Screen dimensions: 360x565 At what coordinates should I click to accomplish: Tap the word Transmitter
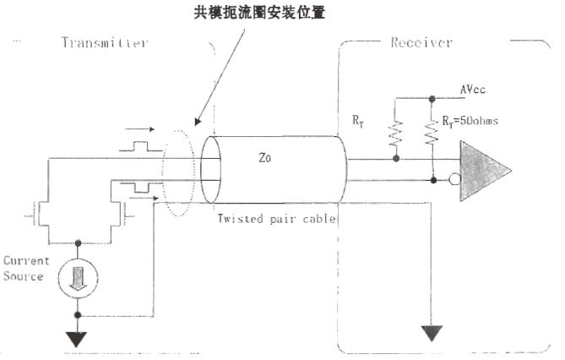coord(105,42)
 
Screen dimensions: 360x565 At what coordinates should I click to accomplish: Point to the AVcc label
coord(472,89)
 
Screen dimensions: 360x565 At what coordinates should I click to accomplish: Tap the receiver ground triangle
coord(433,332)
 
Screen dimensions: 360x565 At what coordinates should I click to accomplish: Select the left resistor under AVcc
coord(395,134)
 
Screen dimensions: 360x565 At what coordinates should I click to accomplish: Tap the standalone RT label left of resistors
coord(359,121)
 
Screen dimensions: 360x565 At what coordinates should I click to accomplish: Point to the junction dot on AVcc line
coord(433,97)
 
